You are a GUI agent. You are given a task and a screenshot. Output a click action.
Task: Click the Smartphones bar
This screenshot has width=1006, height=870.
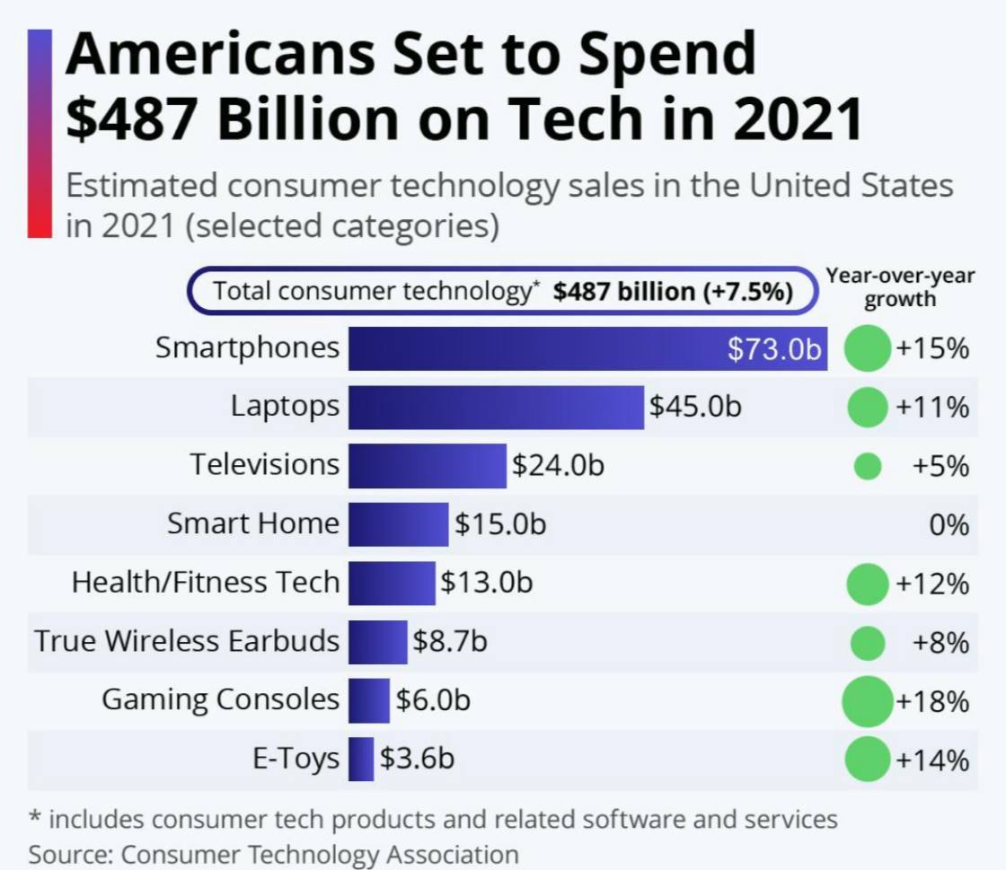pyautogui.click(x=539, y=348)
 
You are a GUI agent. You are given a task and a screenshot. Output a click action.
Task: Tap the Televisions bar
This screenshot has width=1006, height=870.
pyautogui.click(x=428, y=465)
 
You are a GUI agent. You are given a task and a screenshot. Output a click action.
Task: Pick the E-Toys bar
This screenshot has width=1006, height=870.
pyautogui.click(x=361, y=759)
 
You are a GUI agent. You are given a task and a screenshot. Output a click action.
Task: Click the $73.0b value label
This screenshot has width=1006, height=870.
pyautogui.click(x=775, y=349)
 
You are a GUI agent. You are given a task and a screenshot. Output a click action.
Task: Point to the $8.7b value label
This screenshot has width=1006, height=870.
pyautogui.click(x=450, y=641)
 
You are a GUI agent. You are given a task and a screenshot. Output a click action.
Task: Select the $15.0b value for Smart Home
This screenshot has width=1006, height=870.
pyautogui.click(x=500, y=523)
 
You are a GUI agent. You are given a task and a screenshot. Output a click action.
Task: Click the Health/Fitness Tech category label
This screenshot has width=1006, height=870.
pyautogui.click(x=206, y=583)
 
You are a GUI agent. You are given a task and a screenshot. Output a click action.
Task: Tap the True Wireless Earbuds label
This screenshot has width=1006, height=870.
pyautogui.click(x=187, y=641)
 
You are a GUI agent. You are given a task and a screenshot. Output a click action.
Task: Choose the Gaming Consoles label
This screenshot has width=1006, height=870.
pyautogui.click(x=220, y=699)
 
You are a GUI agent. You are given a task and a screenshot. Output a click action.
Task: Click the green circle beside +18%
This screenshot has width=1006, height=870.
pyautogui.click(x=867, y=701)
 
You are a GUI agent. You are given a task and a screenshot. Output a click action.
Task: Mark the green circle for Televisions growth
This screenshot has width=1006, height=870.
pyautogui.click(x=867, y=466)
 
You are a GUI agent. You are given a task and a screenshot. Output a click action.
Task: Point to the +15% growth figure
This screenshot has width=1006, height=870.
pyautogui.click(x=932, y=348)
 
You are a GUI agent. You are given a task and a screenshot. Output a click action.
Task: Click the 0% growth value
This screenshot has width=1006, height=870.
pyautogui.click(x=949, y=524)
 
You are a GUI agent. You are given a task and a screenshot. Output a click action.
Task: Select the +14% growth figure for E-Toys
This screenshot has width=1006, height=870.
pyautogui.click(x=932, y=760)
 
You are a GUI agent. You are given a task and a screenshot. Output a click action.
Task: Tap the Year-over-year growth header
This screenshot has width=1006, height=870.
pyautogui.click(x=900, y=287)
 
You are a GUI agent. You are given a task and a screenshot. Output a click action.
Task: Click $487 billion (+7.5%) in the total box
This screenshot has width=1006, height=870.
pyautogui.click(x=673, y=292)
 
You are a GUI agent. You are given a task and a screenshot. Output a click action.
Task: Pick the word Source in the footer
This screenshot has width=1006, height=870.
pyautogui.click(x=70, y=853)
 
